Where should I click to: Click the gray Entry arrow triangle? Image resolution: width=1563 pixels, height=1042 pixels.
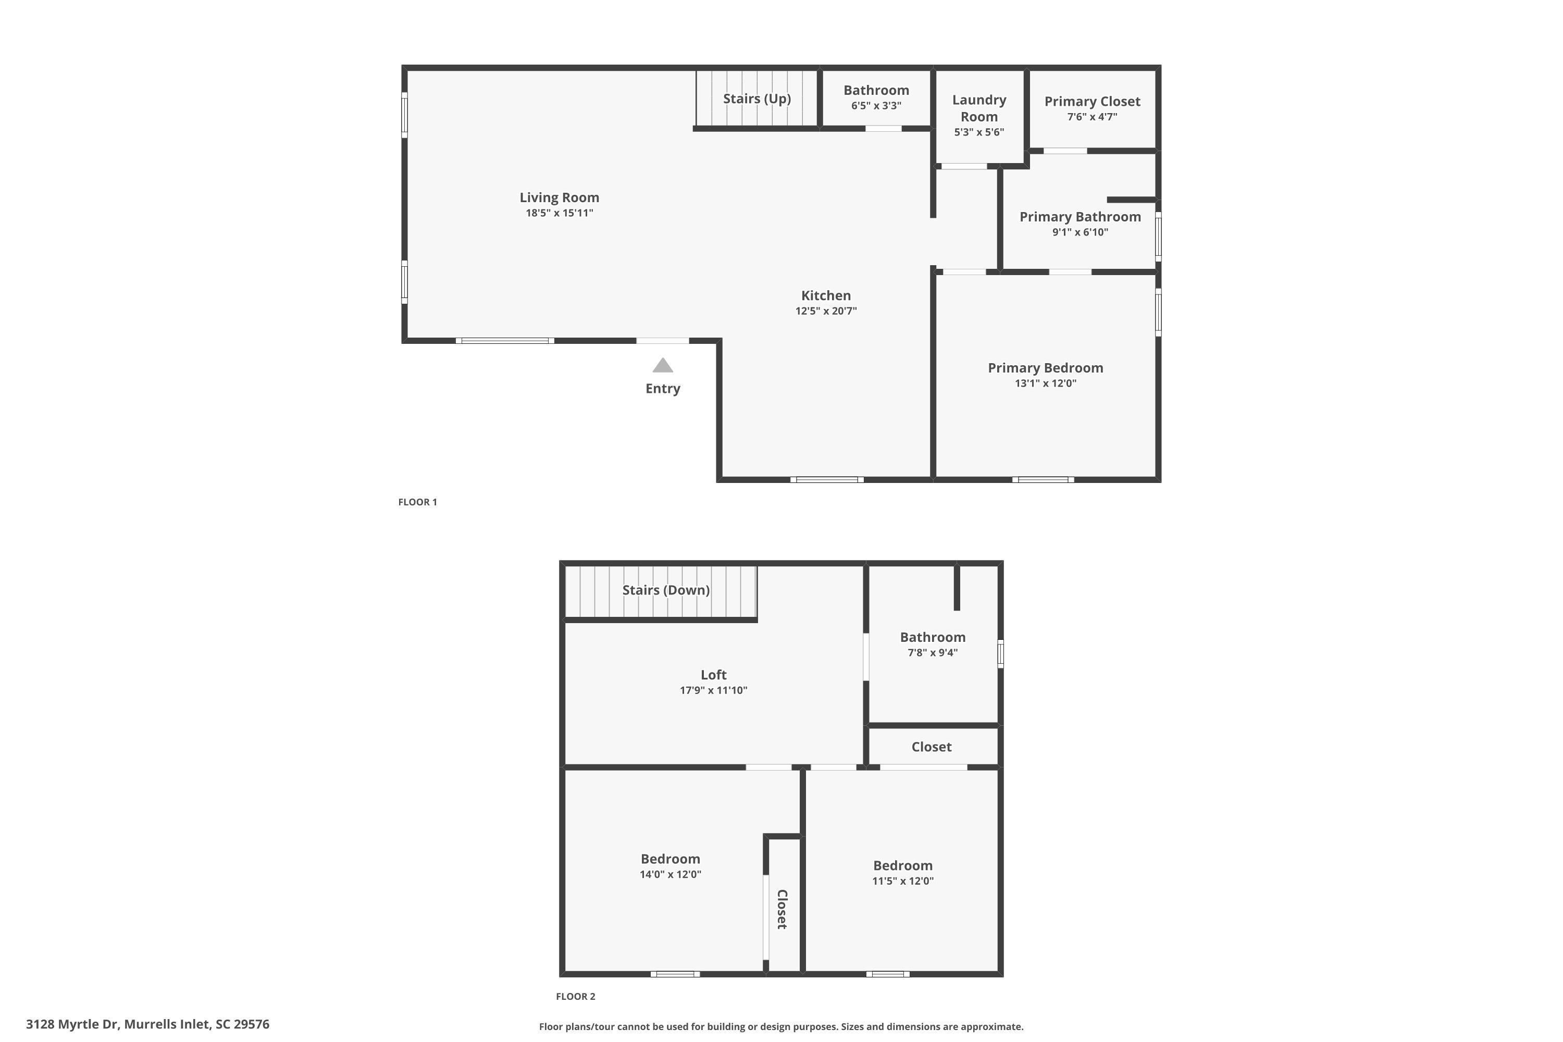coord(663,366)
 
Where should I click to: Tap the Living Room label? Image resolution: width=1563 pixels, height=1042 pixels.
coord(560,197)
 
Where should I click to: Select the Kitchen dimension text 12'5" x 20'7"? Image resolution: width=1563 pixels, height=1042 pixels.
coord(826,311)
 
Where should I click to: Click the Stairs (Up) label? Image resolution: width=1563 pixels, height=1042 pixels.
coord(757,99)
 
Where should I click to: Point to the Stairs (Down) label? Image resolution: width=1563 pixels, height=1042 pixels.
coord(666,590)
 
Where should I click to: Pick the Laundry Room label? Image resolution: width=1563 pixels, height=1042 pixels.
coord(979,108)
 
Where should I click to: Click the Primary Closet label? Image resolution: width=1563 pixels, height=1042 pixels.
coord(1092,102)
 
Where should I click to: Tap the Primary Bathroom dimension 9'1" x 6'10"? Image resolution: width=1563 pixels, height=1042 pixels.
coord(1080,232)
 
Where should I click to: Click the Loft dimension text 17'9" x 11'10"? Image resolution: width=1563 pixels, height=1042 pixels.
coord(713,690)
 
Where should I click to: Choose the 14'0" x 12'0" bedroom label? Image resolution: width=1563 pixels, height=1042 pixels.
coord(671,866)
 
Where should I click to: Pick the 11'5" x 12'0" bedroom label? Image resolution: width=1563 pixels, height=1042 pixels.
coord(902,873)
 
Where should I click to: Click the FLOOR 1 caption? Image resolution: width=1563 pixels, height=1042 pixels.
coord(417,502)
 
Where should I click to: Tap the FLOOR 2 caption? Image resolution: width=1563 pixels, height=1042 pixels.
coord(576,997)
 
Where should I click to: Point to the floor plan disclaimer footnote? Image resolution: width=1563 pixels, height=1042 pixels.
coord(781,1027)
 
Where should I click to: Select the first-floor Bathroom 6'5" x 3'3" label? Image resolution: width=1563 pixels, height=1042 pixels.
coord(876,97)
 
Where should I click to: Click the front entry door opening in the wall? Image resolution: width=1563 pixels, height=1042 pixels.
coord(663,341)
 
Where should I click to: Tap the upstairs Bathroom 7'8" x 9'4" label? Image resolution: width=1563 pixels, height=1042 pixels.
coord(933,644)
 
